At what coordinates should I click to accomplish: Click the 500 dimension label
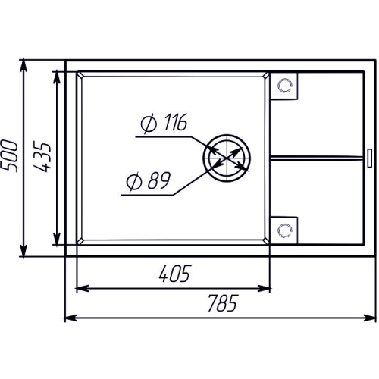pyautogui.click(x=9, y=156)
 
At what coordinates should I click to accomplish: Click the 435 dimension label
pyautogui.click(x=42, y=157)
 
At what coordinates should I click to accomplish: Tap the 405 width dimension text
pyautogui.click(x=175, y=274)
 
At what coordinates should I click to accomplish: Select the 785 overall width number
pyautogui.click(x=223, y=303)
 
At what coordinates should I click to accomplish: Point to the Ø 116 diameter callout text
pyautogui.click(x=164, y=123)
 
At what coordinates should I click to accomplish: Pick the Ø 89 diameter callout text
pyautogui.click(x=149, y=181)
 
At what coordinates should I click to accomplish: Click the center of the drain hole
pyautogui.click(x=227, y=158)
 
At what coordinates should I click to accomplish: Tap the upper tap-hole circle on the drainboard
pyautogui.click(x=285, y=86)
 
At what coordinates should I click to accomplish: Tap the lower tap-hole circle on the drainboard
pyautogui.click(x=285, y=230)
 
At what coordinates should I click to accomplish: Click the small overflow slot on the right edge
pyautogui.click(x=370, y=158)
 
